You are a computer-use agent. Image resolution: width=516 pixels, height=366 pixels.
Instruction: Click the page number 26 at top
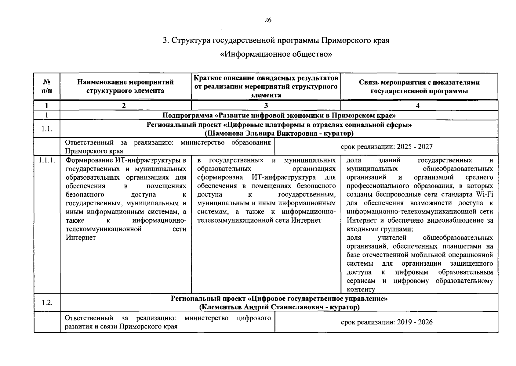(267, 20)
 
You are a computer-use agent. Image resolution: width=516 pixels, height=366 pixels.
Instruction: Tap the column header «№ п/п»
(47, 86)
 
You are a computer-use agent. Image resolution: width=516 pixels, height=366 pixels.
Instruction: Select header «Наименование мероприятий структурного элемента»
(125, 86)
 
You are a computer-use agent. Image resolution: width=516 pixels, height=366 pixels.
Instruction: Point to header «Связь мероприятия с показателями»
(419, 82)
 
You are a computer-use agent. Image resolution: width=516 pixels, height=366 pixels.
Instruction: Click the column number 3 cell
(266, 106)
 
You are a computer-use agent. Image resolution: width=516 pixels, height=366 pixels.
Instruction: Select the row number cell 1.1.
(47, 129)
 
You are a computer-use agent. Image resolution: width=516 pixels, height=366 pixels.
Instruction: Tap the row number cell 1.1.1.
(47, 160)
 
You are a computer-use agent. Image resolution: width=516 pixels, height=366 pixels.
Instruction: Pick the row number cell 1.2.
(47, 303)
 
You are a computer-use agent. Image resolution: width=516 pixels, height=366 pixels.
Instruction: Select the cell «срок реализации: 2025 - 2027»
(386, 147)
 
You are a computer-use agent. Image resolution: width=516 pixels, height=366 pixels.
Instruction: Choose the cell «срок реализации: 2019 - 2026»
(386, 322)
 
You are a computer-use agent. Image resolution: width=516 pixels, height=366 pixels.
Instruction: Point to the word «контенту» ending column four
(360, 289)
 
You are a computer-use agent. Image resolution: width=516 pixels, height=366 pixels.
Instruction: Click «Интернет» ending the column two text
(81, 238)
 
